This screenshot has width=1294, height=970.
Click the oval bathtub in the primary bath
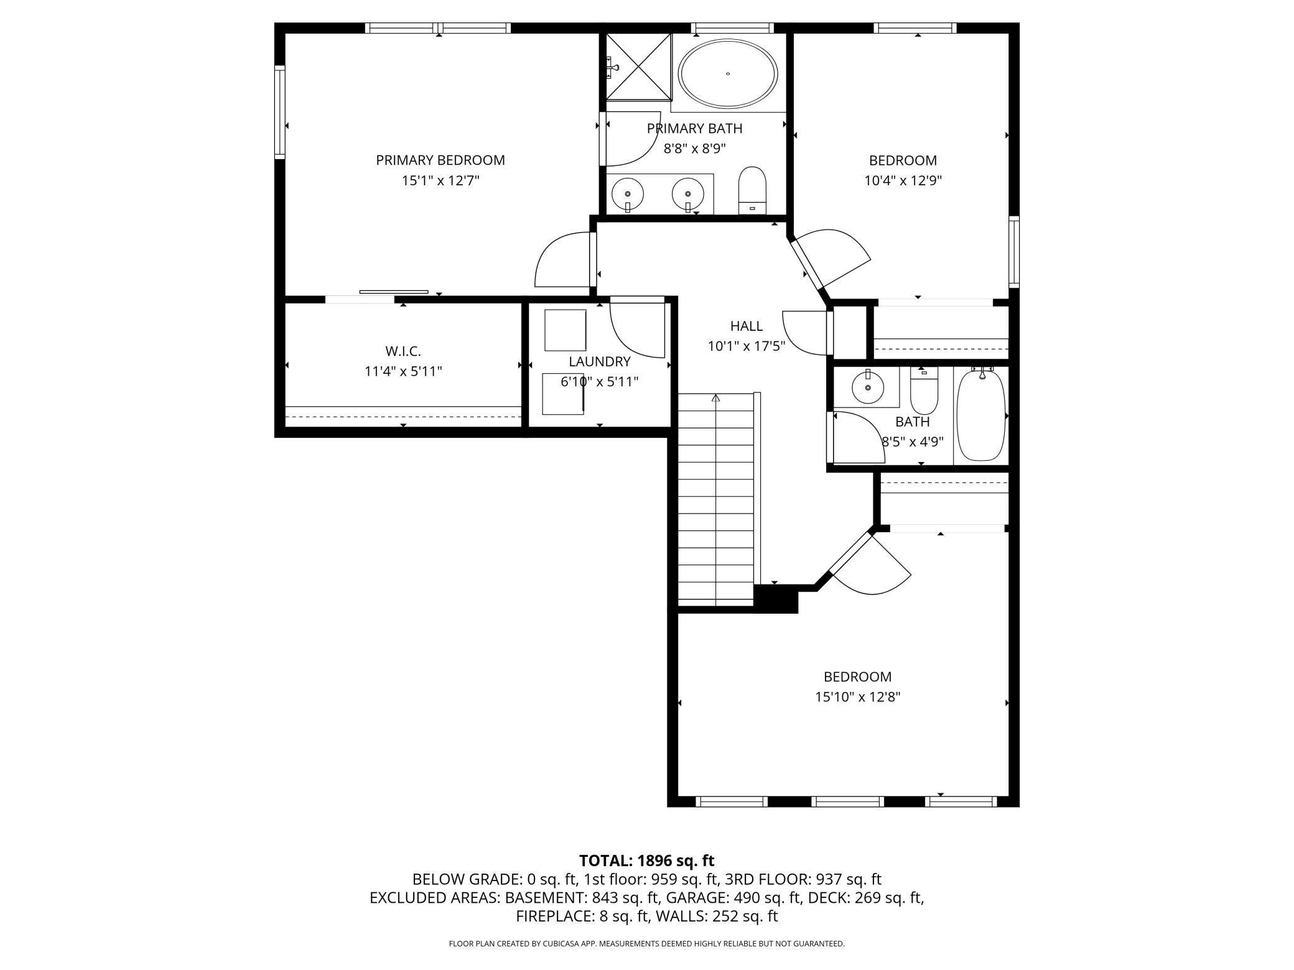click(x=727, y=74)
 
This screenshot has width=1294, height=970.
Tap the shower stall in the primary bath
click(x=640, y=67)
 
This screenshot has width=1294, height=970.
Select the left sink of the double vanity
click(x=628, y=193)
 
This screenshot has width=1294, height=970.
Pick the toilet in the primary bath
click(x=752, y=190)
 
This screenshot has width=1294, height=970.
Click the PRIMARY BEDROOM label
click(x=440, y=160)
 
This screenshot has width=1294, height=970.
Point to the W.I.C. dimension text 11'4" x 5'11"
click(x=403, y=372)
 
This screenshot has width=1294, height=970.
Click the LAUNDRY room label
click(x=599, y=362)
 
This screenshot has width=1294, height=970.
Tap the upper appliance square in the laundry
click(x=565, y=330)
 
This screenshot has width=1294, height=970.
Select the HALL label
click(x=746, y=326)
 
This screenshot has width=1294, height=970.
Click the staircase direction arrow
click(x=715, y=398)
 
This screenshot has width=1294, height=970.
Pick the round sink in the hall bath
click(x=867, y=387)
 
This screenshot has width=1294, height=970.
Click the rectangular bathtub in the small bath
click(x=980, y=415)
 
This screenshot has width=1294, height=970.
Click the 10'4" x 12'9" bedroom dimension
click(x=903, y=181)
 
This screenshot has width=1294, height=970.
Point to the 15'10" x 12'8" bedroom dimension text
click(x=857, y=697)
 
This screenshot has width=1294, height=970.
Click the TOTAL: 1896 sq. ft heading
click(x=646, y=861)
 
